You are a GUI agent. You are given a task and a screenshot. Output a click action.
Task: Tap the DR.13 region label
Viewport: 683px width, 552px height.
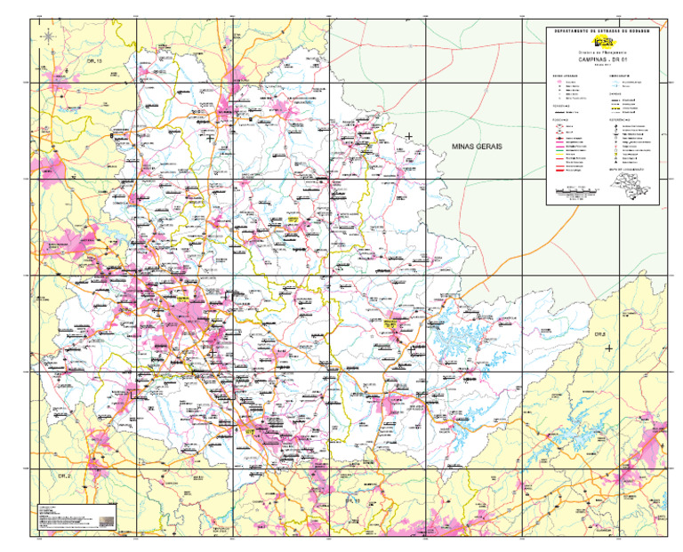(94, 61)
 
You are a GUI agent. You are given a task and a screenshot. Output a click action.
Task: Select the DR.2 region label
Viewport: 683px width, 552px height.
(64, 477)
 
